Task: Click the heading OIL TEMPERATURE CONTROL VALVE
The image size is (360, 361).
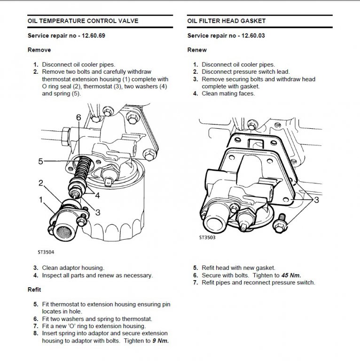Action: tap(83, 21)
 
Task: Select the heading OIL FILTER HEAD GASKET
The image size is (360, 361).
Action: tap(227, 21)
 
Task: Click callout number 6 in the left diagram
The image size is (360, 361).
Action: tap(78, 117)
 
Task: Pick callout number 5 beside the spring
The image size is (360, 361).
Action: tap(41, 161)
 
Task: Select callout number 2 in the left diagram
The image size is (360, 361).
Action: tap(41, 182)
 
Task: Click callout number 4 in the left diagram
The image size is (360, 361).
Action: tap(97, 195)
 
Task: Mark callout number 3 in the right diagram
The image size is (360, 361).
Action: tap(316, 200)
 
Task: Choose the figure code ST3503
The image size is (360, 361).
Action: tap(206, 238)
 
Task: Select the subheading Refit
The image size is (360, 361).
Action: tap(34, 290)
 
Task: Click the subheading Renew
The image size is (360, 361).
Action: tap(197, 50)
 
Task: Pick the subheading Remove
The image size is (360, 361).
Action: tap(39, 50)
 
